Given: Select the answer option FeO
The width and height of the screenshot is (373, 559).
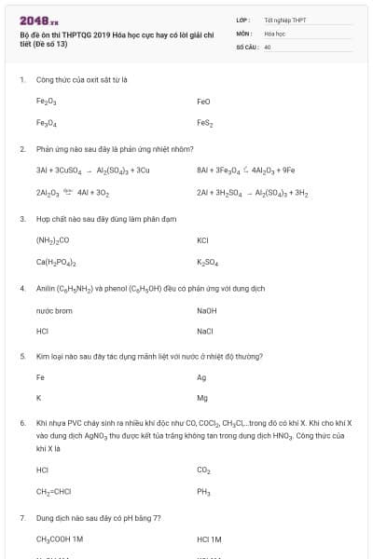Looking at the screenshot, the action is point(204,101).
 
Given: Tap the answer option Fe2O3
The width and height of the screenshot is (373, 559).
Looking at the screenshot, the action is point(47,101).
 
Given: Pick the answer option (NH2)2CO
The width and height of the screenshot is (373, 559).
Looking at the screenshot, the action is point(52,239).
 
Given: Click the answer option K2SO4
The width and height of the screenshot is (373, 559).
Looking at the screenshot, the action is point(207,262).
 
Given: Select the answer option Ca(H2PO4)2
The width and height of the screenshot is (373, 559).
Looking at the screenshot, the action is point(56,262).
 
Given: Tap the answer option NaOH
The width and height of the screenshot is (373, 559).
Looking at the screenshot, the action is point(207,309).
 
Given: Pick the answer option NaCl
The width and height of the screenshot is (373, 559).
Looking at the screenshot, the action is point(205,331).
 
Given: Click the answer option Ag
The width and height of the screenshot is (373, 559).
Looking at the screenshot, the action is point(201,377).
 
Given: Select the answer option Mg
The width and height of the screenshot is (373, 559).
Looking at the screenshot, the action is point(202,399).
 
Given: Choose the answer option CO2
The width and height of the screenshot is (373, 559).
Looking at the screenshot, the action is point(204,470).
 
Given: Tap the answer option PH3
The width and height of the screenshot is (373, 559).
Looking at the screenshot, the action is point(204,492).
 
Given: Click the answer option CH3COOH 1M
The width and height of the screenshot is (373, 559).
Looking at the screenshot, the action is point(60,539).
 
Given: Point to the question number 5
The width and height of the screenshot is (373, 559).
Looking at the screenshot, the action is point(22,356).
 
